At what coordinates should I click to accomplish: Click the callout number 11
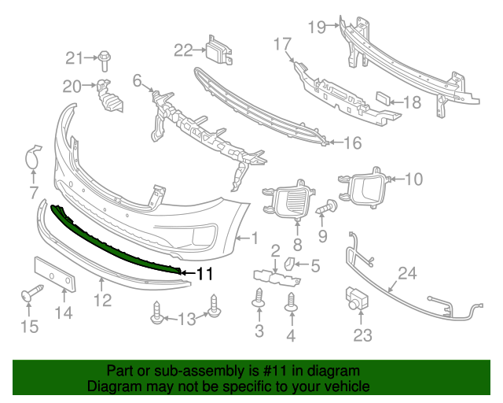click(x=205, y=274)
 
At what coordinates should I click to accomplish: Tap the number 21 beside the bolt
click(x=74, y=57)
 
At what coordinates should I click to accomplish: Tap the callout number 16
click(x=351, y=142)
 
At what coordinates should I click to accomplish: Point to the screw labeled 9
click(x=327, y=209)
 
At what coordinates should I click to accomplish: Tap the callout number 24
click(x=406, y=274)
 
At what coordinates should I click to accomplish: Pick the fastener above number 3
click(x=259, y=298)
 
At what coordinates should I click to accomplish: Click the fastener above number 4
click(x=292, y=301)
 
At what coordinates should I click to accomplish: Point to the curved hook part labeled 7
click(x=32, y=157)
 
